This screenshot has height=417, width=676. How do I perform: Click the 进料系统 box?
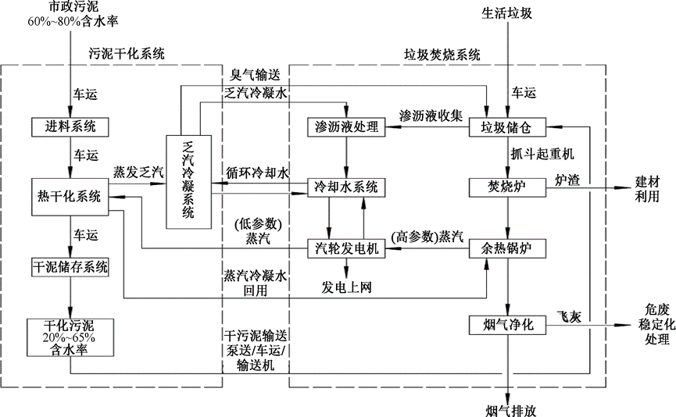pyautogui.click(x=70, y=126)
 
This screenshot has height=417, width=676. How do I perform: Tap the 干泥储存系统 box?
pyautogui.click(x=70, y=266)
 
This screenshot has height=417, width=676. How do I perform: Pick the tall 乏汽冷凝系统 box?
pyautogui.click(x=188, y=181)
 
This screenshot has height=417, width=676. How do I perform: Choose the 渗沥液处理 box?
pyautogui.click(x=343, y=127)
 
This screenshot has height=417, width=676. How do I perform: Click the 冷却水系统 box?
pyautogui.click(x=343, y=187)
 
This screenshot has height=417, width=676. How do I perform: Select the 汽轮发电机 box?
pyautogui.click(x=343, y=249)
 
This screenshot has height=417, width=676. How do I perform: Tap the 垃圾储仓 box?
pyautogui.click(x=506, y=127)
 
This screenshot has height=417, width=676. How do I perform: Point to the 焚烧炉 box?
pyautogui.click(x=506, y=187)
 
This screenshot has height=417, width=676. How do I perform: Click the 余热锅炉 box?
pyautogui.click(x=506, y=249)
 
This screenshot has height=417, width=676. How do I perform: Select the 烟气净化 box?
pyautogui.click(x=506, y=324)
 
